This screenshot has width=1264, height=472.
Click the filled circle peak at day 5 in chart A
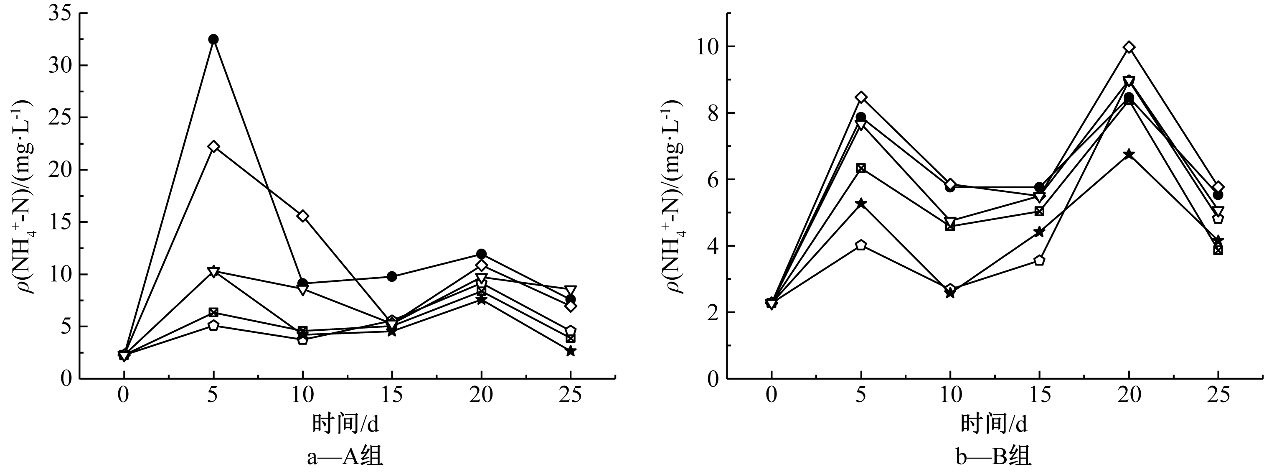213,39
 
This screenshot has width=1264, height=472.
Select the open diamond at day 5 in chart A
213,146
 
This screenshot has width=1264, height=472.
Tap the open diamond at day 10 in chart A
303,216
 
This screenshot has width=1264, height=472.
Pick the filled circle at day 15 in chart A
391,276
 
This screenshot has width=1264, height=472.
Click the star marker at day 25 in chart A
570,351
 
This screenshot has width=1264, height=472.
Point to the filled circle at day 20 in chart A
481,254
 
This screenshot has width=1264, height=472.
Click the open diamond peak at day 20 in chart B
1129,47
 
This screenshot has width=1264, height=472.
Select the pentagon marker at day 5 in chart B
860,245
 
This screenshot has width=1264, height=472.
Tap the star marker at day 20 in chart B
1129,154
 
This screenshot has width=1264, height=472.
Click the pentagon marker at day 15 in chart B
1039,260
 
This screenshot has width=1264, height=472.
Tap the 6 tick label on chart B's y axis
711,180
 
